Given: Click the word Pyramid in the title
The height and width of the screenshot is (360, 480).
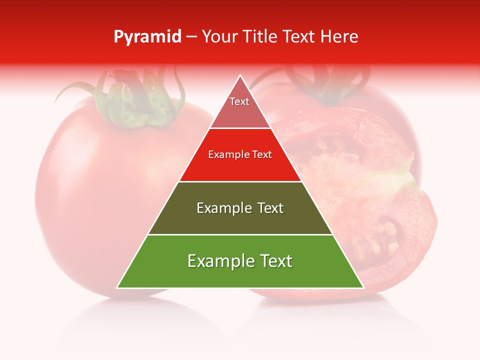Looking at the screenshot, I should click(147, 37).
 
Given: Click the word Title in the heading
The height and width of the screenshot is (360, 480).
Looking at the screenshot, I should click(262, 37).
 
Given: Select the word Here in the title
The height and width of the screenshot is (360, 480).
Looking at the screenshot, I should click(339, 37).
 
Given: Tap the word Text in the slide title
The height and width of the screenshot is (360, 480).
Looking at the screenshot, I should click(300, 37).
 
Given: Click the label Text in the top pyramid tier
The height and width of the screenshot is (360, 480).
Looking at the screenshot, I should click(239, 101).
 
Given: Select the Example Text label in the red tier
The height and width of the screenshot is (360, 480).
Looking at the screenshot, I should click(240, 154).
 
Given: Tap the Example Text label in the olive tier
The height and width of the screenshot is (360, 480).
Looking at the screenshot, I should click(240, 208).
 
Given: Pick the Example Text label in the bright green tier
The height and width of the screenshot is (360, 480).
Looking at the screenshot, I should click(240, 261).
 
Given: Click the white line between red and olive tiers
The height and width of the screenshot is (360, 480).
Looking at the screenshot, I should click(240, 181).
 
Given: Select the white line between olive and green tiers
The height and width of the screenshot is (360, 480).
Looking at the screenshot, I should click(240, 234).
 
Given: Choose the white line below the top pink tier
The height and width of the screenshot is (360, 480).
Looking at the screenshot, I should click(240, 128).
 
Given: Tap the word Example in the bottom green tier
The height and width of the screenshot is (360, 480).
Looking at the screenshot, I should click(215, 261).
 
